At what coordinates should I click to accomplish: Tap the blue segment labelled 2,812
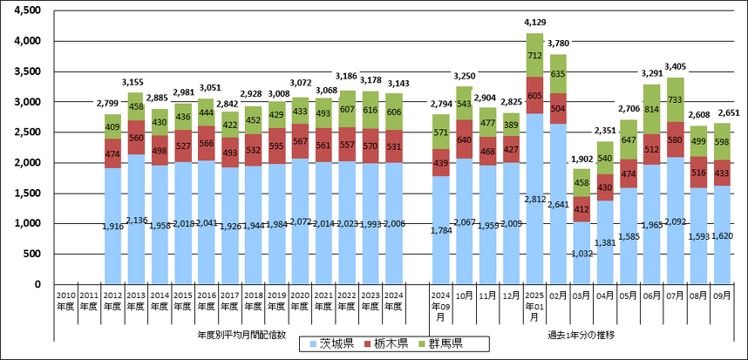[534, 199]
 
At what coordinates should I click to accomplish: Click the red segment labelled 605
[534, 95]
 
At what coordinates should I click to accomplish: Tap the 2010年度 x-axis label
[65, 301]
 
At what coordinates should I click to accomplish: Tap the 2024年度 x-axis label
[393, 301]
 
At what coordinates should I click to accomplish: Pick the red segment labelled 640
[464, 139]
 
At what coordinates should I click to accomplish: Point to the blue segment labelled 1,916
[112, 226]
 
